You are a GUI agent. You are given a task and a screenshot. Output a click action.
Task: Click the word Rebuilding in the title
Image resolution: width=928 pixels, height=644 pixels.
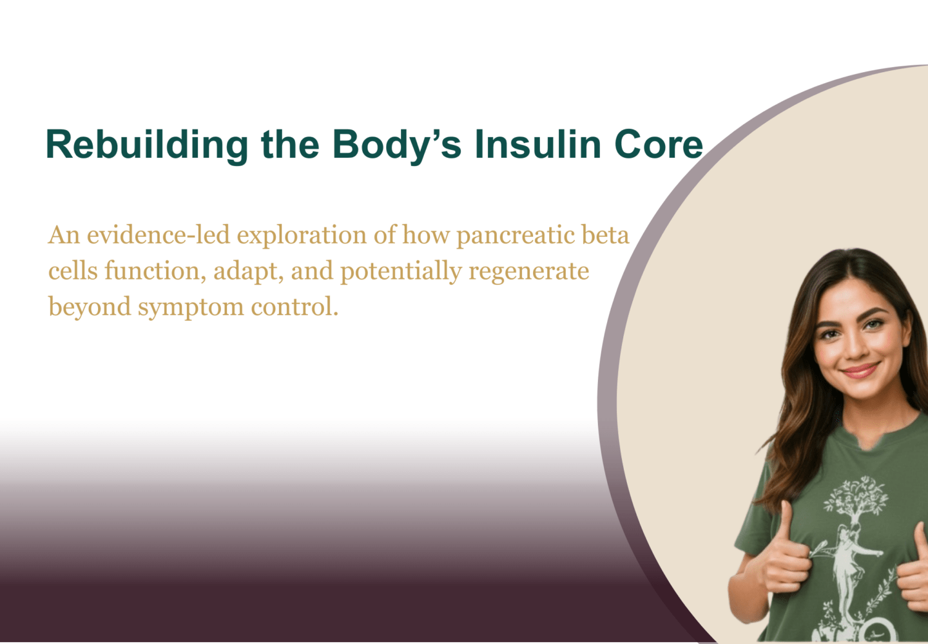point(147,145)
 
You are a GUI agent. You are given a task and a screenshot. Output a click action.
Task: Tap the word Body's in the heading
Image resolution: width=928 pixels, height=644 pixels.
point(397,145)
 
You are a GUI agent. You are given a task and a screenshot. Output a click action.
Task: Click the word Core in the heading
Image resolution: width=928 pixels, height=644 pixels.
point(659,144)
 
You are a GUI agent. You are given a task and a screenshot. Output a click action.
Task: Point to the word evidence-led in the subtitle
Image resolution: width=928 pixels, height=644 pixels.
point(159,235)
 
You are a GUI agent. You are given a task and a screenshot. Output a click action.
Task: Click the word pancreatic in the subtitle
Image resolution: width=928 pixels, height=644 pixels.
point(516,236)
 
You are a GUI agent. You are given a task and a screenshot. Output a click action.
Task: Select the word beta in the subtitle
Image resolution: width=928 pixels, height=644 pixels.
point(606,235)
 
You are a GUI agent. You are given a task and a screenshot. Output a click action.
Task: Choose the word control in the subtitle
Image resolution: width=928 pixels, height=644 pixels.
point(295,307)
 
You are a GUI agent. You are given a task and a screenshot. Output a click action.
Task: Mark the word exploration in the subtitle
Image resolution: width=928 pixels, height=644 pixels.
point(302,236)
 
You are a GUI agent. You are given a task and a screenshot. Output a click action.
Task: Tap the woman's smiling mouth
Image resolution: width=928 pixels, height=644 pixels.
point(860,370)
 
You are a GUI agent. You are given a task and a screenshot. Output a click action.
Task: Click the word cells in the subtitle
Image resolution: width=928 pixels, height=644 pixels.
point(73,271)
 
